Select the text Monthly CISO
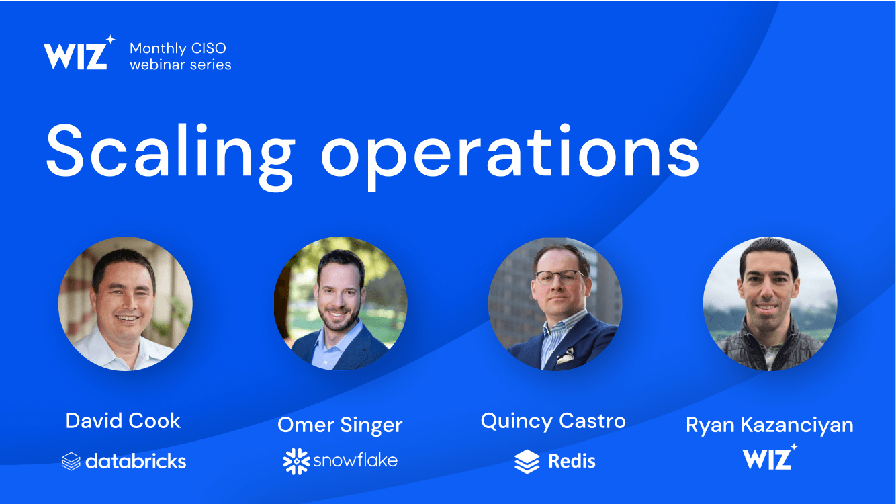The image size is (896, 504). [178, 48]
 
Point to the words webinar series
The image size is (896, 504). [181, 65]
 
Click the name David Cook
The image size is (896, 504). [123, 421]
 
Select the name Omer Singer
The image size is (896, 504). [340, 425]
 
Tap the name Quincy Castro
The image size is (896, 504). [553, 421]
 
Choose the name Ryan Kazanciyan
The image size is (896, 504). [770, 425]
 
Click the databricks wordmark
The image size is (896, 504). [136, 461]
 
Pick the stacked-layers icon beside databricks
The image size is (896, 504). [71, 461]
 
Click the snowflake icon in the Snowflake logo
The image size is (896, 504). [296, 462]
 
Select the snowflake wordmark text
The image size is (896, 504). [355, 460]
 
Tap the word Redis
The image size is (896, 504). [572, 461]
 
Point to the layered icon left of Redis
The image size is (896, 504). [527, 462]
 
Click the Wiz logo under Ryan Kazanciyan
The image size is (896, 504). [770, 457]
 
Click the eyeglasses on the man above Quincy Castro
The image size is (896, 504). [559, 277]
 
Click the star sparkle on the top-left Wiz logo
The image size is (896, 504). [110, 40]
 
